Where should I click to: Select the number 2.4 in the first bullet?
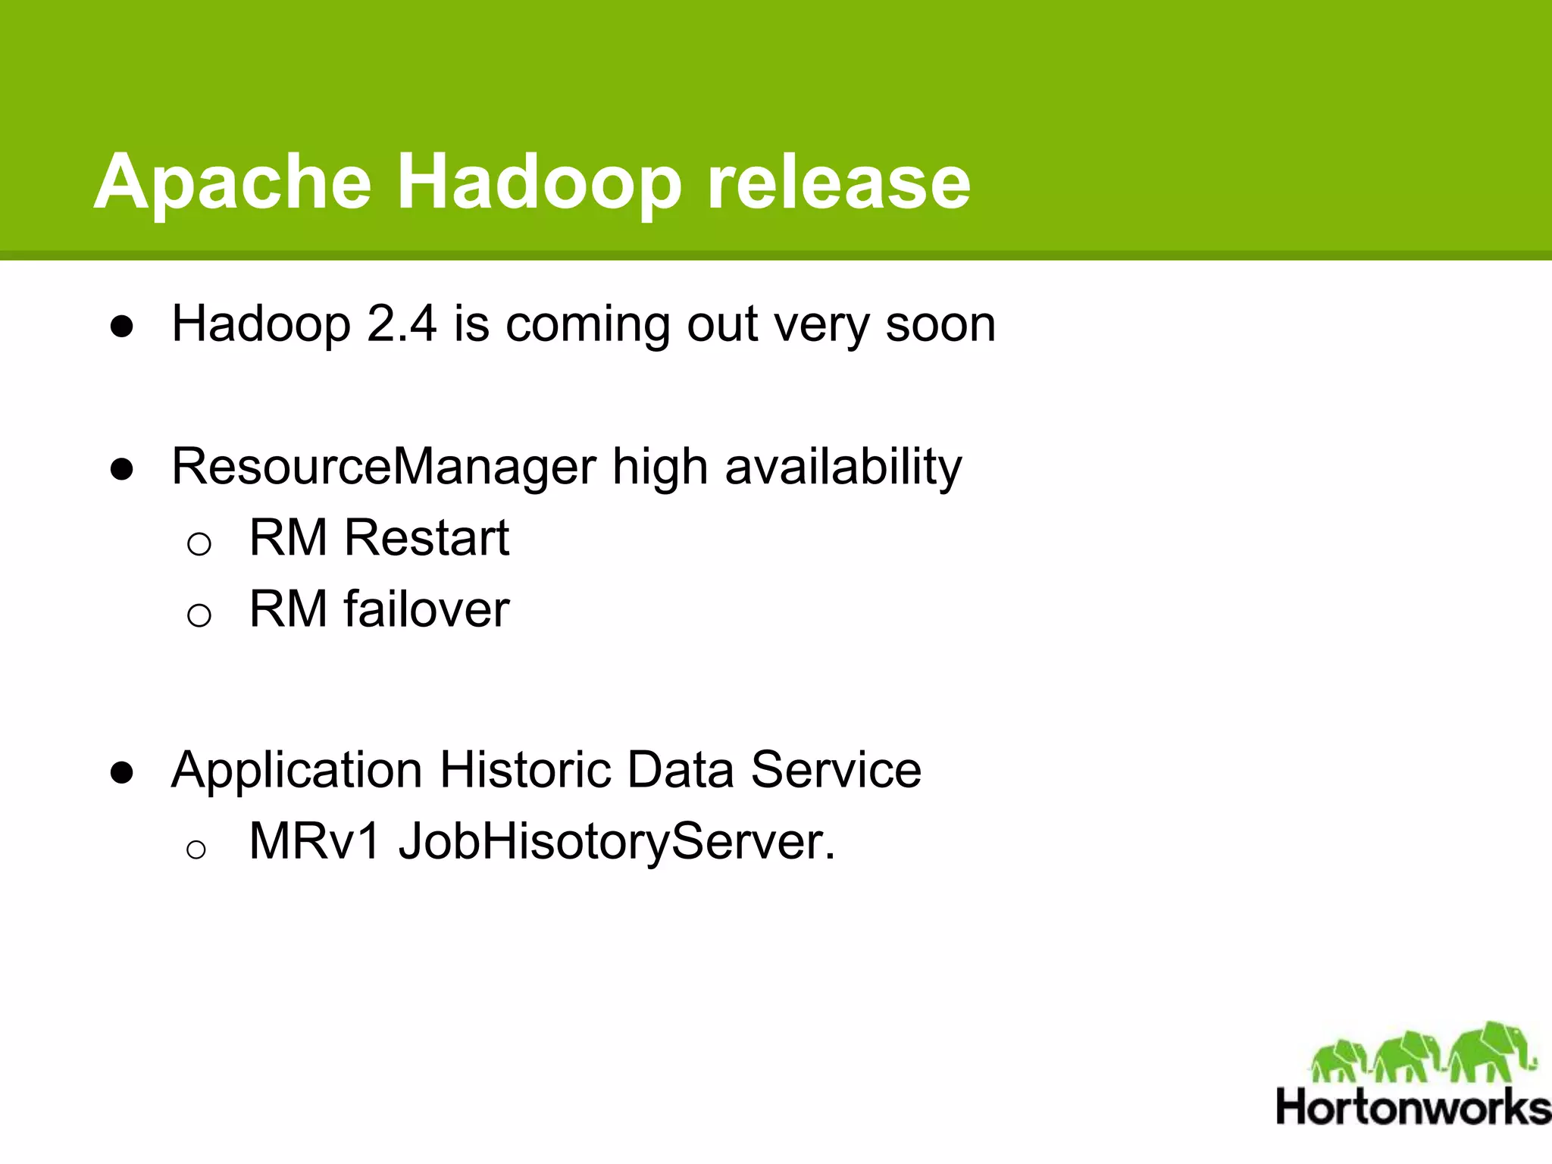pyautogui.click(x=402, y=324)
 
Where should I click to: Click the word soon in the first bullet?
pyautogui.click(x=940, y=324)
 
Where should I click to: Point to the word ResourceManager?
pyautogui.click(x=383, y=467)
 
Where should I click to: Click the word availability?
pyautogui.click(x=843, y=467)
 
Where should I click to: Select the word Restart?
pyautogui.click(x=427, y=538)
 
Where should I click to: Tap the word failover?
pyautogui.click(x=427, y=609)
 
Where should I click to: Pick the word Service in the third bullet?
pyautogui.click(x=836, y=770)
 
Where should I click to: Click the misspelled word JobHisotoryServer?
pyautogui.click(x=617, y=841)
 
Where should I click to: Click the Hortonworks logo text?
pyautogui.click(x=1413, y=1107)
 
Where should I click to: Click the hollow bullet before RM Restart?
pyautogui.click(x=199, y=543)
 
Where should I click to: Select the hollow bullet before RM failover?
pyautogui.click(x=199, y=615)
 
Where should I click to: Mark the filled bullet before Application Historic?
pyautogui.click(x=122, y=773)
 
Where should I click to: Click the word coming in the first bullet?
pyautogui.click(x=587, y=324)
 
